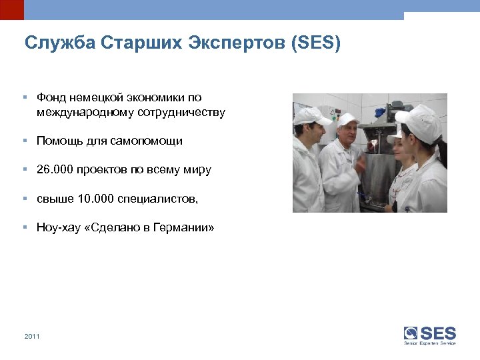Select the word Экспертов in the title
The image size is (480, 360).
225,44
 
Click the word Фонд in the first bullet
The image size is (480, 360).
50,97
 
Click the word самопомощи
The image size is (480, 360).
151,141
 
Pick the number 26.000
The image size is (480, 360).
55,170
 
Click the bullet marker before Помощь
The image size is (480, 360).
24,141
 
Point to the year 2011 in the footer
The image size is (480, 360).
32,336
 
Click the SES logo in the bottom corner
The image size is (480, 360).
430,334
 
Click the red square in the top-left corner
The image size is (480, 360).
11,9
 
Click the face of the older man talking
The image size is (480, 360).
349,135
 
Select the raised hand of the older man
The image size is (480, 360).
361,163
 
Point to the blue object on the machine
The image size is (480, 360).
365,195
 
